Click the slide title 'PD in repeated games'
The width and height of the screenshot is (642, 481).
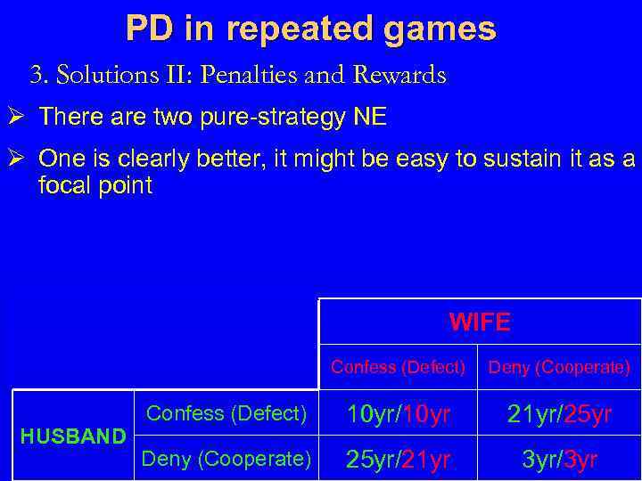point(310,29)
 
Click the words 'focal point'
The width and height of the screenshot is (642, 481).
point(96,185)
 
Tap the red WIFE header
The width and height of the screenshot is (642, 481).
point(480,322)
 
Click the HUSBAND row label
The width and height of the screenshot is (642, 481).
point(73,436)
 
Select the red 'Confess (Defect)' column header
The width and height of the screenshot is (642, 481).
point(398,367)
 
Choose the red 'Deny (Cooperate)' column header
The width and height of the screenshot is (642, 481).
point(560,367)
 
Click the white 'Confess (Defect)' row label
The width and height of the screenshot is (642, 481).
point(226,413)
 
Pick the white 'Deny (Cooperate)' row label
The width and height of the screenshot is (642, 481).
point(226,459)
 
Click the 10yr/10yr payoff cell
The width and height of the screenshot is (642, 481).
point(399,414)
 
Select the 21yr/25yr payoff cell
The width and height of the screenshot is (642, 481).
point(559,414)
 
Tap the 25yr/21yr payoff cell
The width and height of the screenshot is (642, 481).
point(399,460)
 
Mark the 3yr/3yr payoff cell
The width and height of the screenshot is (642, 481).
point(559,460)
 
